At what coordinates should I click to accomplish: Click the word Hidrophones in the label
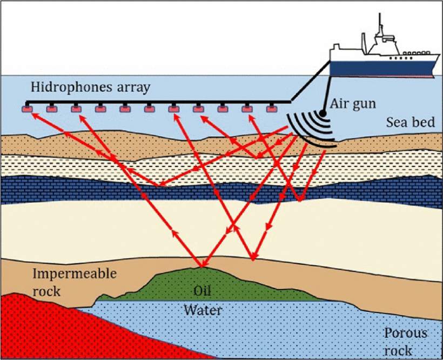pos(64,87)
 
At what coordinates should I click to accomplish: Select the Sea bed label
pos(410,122)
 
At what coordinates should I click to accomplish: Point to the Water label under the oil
pos(203,310)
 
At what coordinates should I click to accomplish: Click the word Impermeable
pos(74,274)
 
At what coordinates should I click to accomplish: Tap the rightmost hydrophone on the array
pos(271,109)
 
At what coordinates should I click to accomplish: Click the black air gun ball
pos(323,114)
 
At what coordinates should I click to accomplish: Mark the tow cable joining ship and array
pos(311,82)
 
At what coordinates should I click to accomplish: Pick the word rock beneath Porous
pos(400,350)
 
